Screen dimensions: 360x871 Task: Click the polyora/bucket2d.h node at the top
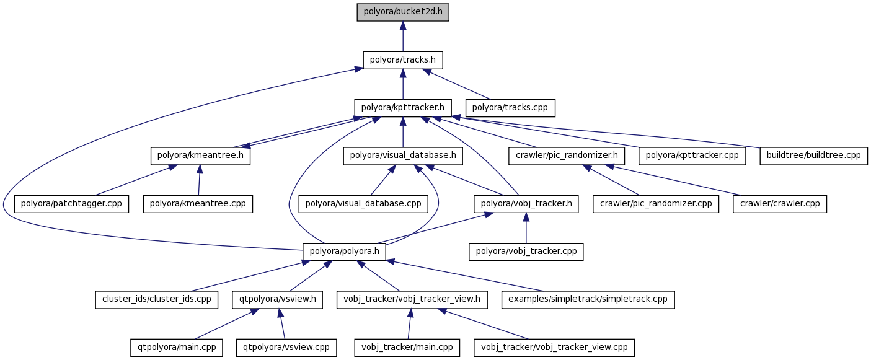coord(403,12)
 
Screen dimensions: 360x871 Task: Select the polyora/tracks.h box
coord(403,60)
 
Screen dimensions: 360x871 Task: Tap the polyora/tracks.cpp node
coord(510,108)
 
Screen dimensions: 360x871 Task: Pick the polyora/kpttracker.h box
coord(403,108)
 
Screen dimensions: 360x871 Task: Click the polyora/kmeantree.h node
coord(200,156)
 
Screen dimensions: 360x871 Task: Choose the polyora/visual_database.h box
coord(403,156)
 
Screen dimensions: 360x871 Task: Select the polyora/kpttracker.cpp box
coord(692,156)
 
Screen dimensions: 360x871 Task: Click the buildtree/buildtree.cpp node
coord(813,156)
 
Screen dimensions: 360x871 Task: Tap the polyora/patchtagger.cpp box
coord(72,203)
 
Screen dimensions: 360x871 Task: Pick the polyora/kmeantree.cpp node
coord(198,203)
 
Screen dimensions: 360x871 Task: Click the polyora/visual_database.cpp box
coord(363,203)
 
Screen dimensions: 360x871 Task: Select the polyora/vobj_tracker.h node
coord(526,203)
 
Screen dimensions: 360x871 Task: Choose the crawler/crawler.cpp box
coord(780,203)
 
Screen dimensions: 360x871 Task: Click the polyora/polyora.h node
coord(344,251)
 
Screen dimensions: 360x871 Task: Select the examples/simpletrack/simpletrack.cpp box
coord(588,299)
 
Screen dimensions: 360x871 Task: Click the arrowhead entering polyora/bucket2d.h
coord(403,25)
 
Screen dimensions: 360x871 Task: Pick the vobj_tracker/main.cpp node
coord(407,347)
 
